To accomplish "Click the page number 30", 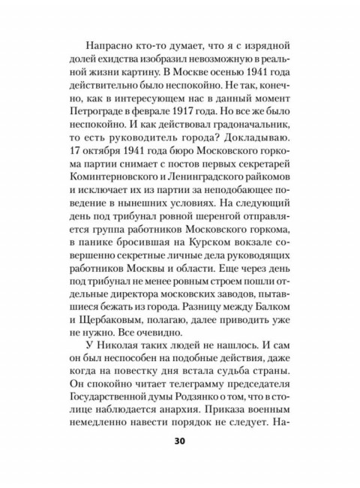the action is (x=180, y=462).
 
